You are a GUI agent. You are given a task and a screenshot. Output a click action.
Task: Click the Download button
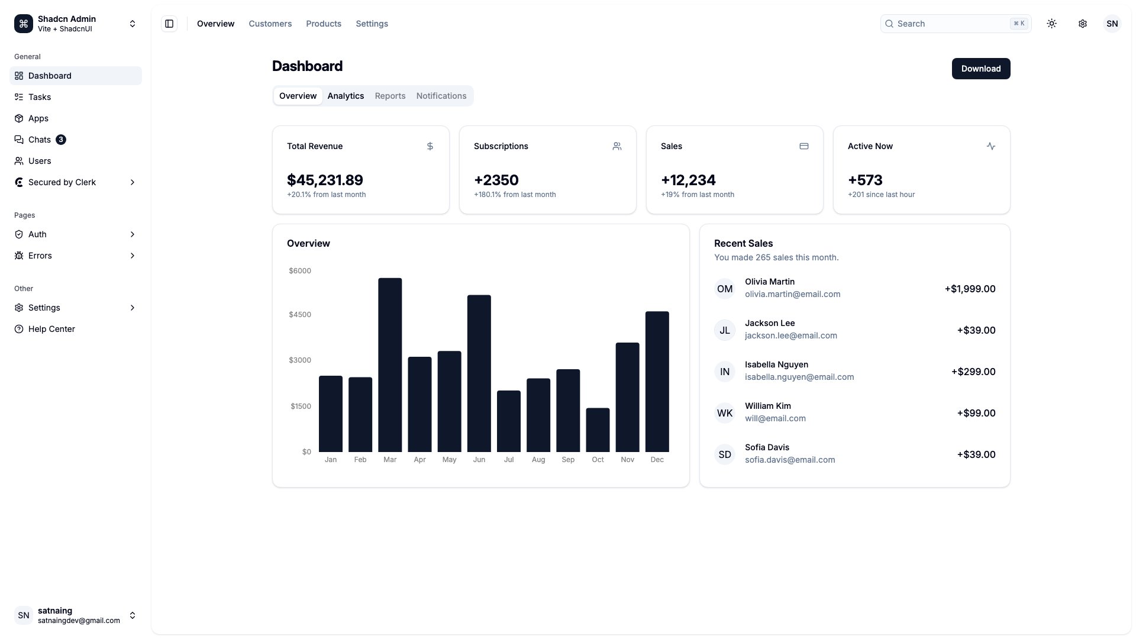[980, 69]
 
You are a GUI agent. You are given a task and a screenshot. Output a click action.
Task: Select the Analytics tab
[346, 96]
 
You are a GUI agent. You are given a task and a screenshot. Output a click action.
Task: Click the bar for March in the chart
[390, 365]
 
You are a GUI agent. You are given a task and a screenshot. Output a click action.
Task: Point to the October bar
[598, 430]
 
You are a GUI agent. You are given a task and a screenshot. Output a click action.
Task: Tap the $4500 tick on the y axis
[300, 315]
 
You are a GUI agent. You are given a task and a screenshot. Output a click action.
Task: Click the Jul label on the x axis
[509, 460]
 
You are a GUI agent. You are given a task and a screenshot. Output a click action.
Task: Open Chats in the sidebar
[40, 140]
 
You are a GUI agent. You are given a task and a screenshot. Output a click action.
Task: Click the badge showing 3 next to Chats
[61, 140]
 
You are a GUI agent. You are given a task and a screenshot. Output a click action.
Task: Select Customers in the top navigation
[270, 24]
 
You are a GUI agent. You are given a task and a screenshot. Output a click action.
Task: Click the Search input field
[953, 24]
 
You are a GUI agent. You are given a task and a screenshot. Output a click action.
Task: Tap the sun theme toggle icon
[1051, 24]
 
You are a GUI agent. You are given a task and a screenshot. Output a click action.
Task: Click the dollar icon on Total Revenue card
[430, 146]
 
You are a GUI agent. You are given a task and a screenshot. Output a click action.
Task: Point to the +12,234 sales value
[688, 180]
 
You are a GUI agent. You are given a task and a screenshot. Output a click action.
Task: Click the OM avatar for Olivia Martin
[725, 289]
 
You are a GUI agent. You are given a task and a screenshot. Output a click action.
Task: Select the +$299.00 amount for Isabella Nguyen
[973, 372]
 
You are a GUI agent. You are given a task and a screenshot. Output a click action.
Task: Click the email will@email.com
[775, 418]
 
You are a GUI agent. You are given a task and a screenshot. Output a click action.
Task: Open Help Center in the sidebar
[51, 329]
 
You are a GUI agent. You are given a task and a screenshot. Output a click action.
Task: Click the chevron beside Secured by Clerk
[132, 182]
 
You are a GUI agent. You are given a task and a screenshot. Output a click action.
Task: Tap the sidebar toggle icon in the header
[169, 24]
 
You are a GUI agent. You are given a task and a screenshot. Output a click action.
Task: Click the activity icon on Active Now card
[991, 146]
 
